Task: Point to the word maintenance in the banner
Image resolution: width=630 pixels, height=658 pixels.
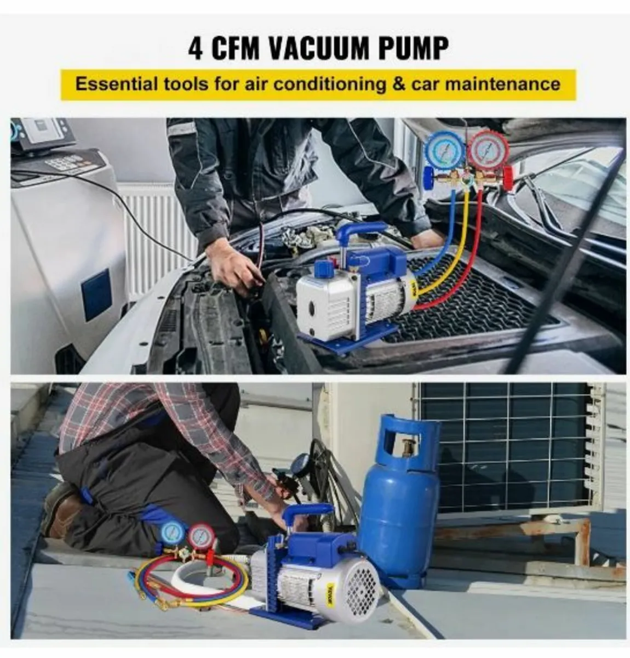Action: click(x=503, y=84)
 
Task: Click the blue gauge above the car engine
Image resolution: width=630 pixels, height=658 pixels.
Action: click(x=445, y=150)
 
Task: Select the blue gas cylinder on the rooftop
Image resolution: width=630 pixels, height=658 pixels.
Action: click(x=399, y=500)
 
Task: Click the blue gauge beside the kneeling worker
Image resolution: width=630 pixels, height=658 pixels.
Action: click(x=173, y=533)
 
